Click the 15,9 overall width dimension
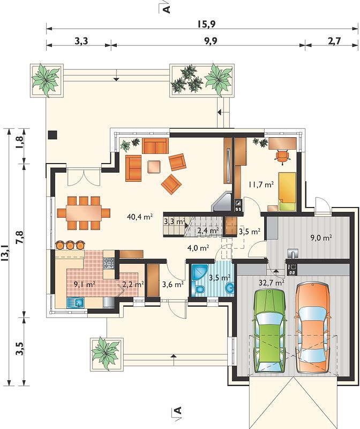pyautogui.click(x=206, y=24)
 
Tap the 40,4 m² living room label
pyautogui.click(x=140, y=217)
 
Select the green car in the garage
pyautogui.click(x=270, y=331)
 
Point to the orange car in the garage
pyautogui.click(x=312, y=328)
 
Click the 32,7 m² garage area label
pyautogui.click(x=272, y=282)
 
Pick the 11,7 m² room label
pyautogui.click(x=261, y=184)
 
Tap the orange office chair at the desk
pyautogui.click(x=282, y=157)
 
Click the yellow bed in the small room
pyautogui.click(x=287, y=191)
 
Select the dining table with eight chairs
pyautogui.click(x=84, y=212)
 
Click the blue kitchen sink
pyautogui.click(x=76, y=302)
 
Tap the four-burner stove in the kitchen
pyautogui.click(x=108, y=263)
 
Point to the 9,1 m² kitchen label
pyautogui.click(x=85, y=284)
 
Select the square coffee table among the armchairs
pyautogui.click(x=154, y=167)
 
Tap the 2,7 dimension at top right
pyautogui.click(x=334, y=41)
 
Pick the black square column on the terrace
pyautogui.click(x=52, y=135)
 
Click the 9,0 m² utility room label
pyautogui.click(x=321, y=238)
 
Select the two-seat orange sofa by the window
pyautogui.click(x=155, y=146)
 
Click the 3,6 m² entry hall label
pyautogui.click(x=172, y=285)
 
